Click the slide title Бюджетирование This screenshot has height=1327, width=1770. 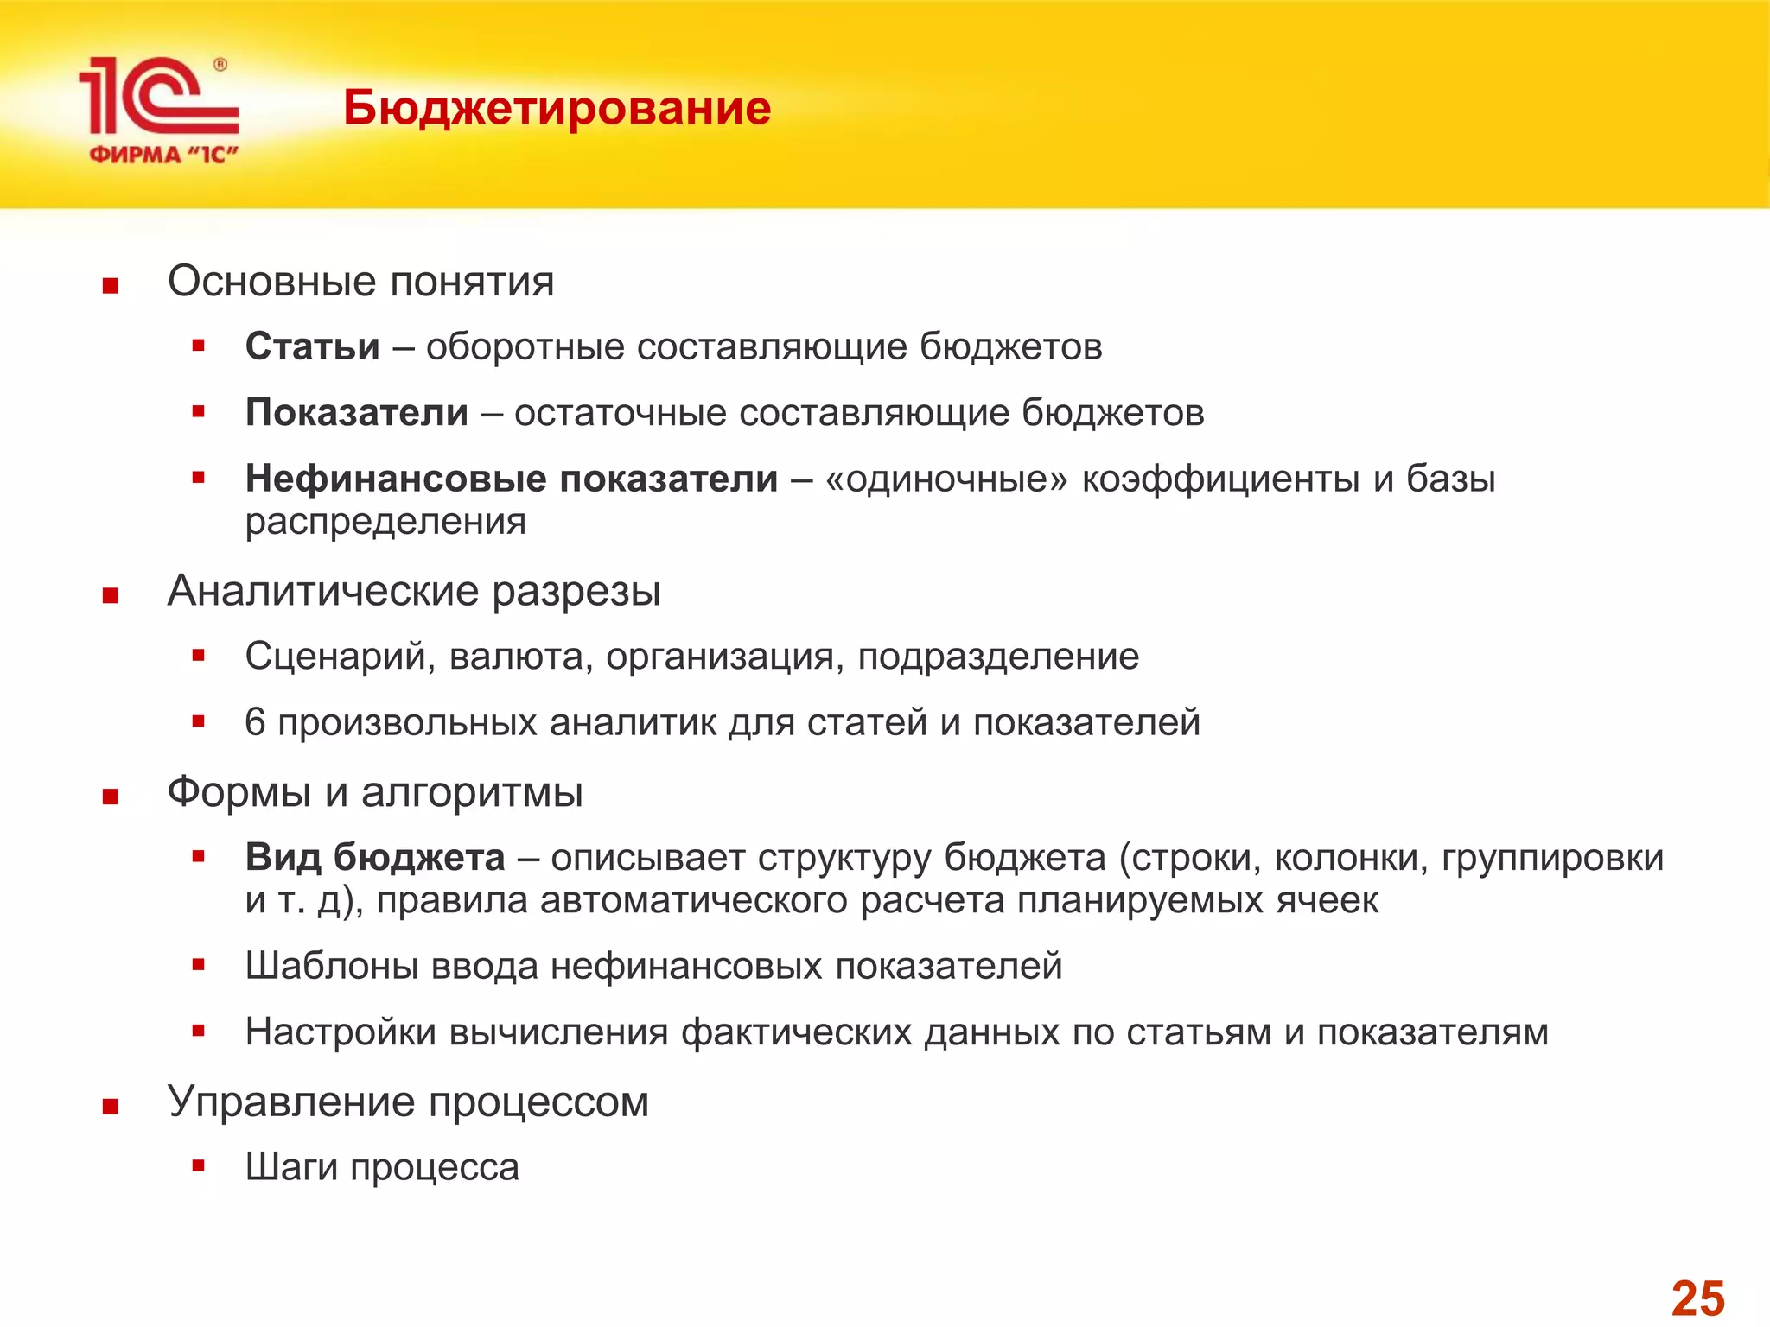pos(557,109)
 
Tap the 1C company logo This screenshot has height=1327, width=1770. pos(159,109)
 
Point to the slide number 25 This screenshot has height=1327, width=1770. pos(1697,1298)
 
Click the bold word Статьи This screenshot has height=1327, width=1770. pos(312,346)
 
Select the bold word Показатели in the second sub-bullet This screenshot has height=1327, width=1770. pos(356,412)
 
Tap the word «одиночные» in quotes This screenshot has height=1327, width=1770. pos(946,479)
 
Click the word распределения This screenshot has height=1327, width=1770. pos(385,522)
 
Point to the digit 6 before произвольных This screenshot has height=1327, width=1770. pos(255,722)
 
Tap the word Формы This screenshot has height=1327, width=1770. pos(239,792)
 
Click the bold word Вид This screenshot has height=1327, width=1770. pos(283,857)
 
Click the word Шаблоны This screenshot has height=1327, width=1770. pos(332,966)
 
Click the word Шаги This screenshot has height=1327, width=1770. pos(291,1168)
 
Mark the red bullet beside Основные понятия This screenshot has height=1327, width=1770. pos(110,286)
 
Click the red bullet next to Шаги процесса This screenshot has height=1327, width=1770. pos(199,1166)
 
